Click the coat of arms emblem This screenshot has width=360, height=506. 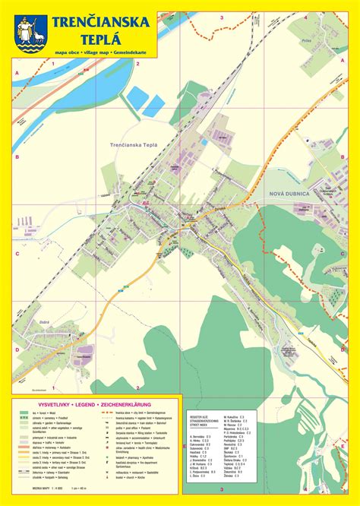tap(31, 34)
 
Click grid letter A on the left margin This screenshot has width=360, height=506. tap(16, 73)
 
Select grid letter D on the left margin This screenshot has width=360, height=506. tap(16, 349)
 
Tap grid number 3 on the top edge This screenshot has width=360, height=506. tap(221, 16)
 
